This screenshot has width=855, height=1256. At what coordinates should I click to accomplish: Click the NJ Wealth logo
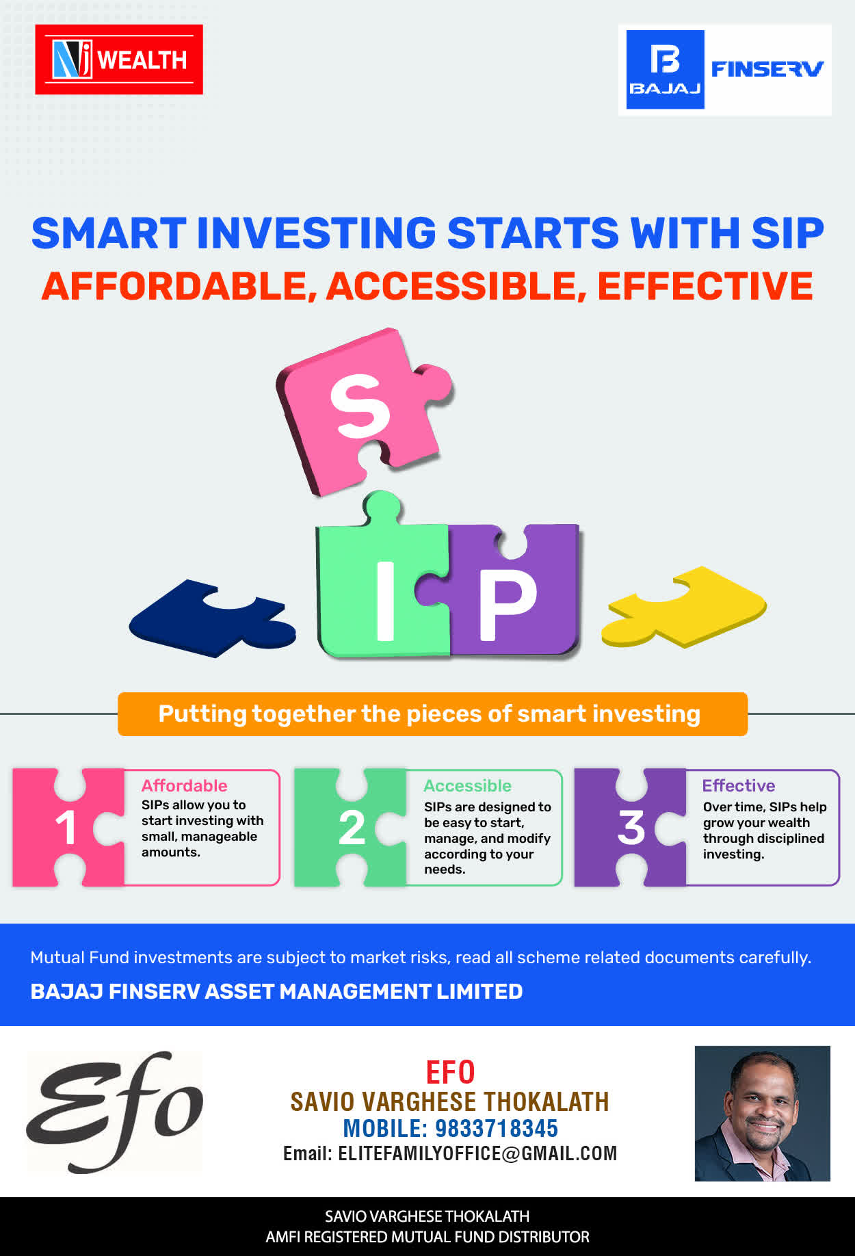(119, 60)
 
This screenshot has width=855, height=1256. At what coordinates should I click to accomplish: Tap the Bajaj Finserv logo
(725, 70)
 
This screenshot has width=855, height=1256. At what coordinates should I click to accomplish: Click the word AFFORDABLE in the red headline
(174, 286)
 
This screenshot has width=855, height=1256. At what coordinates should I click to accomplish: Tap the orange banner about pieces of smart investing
(432, 714)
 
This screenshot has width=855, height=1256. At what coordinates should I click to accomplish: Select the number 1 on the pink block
(66, 828)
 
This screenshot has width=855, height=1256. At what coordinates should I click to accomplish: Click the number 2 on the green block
(352, 828)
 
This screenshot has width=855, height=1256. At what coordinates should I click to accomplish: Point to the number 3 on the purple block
(631, 828)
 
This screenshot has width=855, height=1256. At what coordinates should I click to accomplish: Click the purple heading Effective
(739, 785)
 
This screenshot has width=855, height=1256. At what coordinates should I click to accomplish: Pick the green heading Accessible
(468, 785)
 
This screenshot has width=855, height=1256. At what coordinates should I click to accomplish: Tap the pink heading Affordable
(185, 785)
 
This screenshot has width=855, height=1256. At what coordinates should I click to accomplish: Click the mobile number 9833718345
(497, 1128)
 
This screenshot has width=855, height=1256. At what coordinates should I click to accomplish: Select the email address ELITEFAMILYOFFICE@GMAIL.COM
(477, 1153)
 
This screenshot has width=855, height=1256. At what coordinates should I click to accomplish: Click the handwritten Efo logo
(115, 1111)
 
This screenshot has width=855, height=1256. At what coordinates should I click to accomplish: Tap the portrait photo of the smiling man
(763, 1113)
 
